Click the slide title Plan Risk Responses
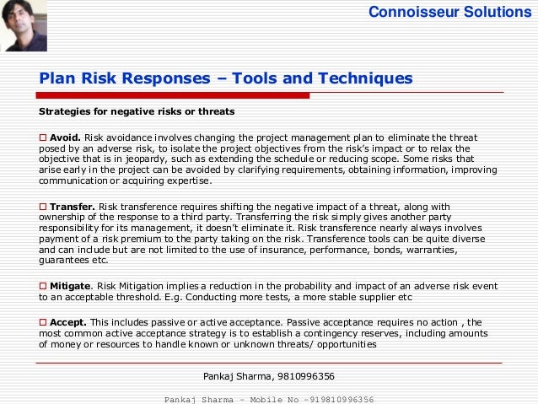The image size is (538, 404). click(226, 78)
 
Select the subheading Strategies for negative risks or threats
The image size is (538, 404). click(137, 111)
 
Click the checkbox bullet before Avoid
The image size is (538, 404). click(44, 137)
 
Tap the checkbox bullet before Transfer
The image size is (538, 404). click(44, 207)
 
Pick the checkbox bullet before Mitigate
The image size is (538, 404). click(44, 287)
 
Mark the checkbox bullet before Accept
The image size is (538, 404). click(44, 323)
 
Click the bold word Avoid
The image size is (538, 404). click(65, 137)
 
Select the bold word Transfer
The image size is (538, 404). click(73, 207)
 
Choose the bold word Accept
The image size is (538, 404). click(68, 323)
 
